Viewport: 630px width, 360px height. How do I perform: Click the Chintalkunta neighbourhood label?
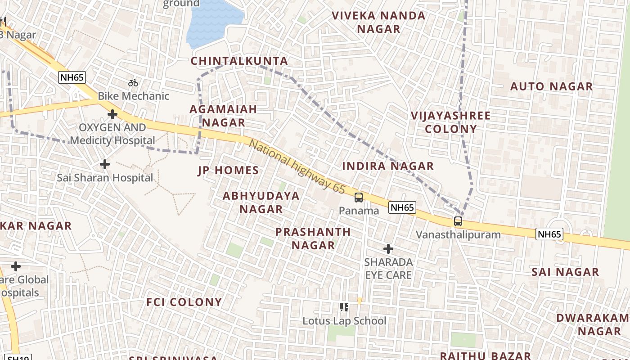[239, 61]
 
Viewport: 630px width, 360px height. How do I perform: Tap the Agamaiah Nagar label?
[223, 116]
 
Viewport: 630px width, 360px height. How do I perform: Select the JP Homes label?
[228, 171]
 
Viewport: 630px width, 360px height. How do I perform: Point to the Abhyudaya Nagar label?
[261, 202]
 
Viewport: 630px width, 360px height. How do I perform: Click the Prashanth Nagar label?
[313, 238]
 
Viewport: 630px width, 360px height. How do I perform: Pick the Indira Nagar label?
[388, 166]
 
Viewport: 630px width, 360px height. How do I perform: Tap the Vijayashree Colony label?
[450, 122]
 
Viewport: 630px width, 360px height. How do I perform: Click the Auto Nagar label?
[551, 86]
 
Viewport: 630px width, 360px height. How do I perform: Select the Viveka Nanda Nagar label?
[378, 22]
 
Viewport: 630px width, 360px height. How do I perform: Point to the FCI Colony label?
[184, 302]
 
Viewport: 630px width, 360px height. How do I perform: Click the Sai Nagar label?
[565, 272]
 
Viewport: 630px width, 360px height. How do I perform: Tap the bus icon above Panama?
[359, 198]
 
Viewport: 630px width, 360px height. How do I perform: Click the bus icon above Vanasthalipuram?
[458, 221]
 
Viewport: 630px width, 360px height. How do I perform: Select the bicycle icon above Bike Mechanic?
[133, 83]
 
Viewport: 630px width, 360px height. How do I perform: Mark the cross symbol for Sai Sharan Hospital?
[105, 164]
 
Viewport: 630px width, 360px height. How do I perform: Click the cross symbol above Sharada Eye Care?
[388, 248]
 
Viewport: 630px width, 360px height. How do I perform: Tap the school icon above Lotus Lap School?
[344, 307]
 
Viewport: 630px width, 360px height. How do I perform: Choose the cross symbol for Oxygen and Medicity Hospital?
[112, 114]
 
